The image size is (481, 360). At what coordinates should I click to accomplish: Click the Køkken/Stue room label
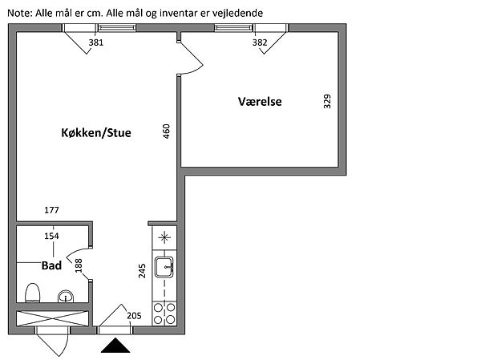[x=95, y=134]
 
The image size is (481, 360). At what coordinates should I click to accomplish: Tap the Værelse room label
[x=260, y=102]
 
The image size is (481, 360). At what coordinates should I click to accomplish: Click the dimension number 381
[x=96, y=42]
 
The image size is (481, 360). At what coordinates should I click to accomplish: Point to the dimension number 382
[x=260, y=42]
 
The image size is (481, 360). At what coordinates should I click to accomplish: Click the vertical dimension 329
[x=327, y=103]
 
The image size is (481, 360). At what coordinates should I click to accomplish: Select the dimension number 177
[x=52, y=210]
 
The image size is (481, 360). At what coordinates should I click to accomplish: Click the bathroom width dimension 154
[x=52, y=236]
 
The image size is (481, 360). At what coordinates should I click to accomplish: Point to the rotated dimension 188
[x=79, y=265]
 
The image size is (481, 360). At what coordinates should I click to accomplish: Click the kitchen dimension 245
[x=142, y=271]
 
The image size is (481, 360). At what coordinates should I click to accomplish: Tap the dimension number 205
[x=134, y=315]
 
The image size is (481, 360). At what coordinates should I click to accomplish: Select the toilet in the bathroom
[x=33, y=293]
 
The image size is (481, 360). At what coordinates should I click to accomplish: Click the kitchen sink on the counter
[x=165, y=267]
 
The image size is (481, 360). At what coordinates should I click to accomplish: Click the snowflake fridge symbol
[x=164, y=237]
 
